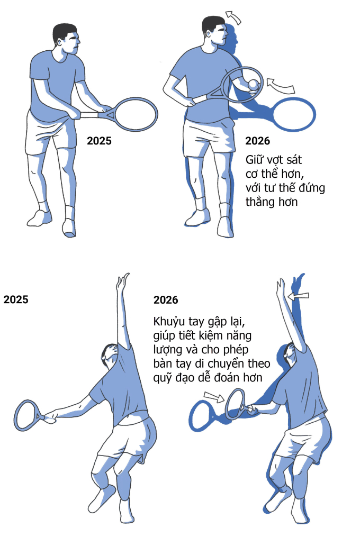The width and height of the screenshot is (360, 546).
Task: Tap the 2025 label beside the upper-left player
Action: (99, 141)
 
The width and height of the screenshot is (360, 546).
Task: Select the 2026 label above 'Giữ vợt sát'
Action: (257, 141)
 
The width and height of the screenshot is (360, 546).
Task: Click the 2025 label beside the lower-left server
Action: (16, 299)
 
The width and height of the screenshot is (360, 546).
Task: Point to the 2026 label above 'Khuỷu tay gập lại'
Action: (166, 300)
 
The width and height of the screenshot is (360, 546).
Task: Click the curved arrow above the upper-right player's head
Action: (233, 17)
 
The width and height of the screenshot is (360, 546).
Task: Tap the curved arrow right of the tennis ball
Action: (281, 86)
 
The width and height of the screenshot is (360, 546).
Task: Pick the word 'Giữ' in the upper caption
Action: (254, 160)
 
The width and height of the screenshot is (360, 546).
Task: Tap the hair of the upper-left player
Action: (65, 32)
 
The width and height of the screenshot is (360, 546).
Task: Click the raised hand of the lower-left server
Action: (122, 282)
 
